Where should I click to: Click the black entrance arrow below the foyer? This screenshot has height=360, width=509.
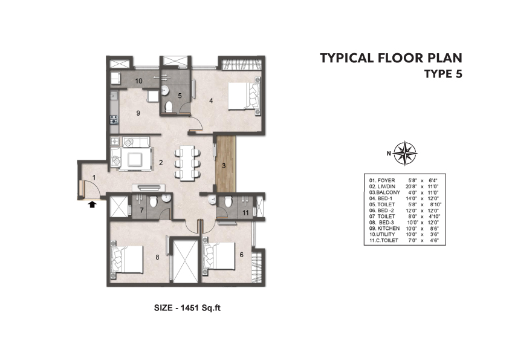[92, 204]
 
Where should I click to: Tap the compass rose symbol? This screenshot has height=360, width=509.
[405, 153]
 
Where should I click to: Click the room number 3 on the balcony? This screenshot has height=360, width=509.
[224, 166]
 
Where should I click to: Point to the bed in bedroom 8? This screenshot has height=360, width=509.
[126, 260]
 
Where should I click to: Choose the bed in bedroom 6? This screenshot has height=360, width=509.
[218, 257]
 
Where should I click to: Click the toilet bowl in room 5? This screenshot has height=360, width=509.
[169, 107]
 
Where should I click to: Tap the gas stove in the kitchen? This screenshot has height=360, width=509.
[114, 120]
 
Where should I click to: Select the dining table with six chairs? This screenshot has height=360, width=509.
[187, 163]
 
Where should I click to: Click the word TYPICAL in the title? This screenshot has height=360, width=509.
[347, 58]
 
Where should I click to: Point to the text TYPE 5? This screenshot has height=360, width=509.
[444, 74]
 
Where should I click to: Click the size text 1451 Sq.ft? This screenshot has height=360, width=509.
[201, 308]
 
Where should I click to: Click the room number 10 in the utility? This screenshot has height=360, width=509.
[139, 81]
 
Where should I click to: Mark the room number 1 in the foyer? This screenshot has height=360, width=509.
[94, 177]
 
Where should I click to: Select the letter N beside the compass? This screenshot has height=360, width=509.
[389, 154]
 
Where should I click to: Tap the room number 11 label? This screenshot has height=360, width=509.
[245, 212]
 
